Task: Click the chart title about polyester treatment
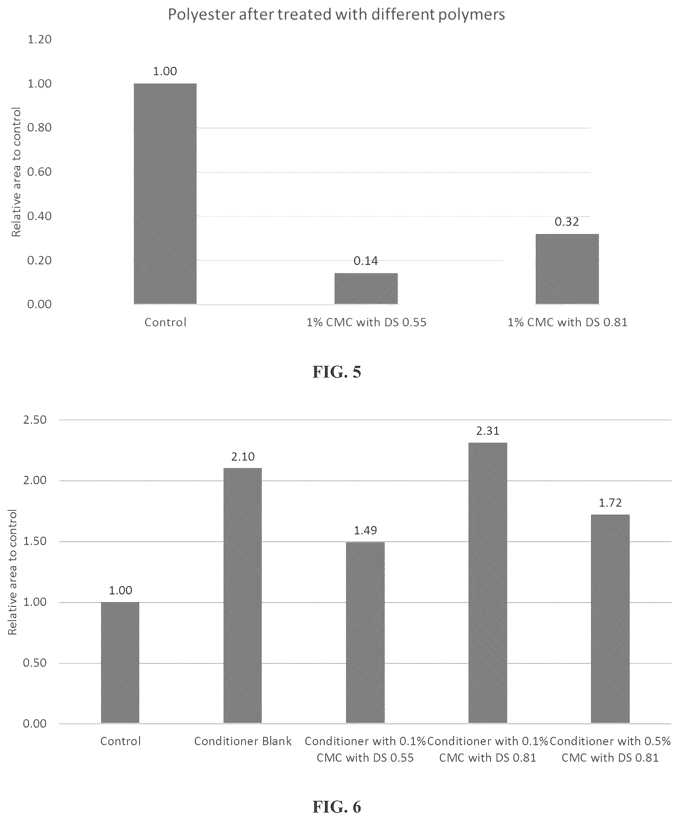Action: [336, 15]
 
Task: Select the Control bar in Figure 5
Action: [165, 194]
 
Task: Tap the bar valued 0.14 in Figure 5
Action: [366, 289]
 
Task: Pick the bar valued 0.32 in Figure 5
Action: [567, 269]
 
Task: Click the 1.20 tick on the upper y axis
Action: [39, 39]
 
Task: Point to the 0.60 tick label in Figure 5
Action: [39, 172]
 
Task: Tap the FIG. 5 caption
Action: [336, 372]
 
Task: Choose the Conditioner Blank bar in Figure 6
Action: [243, 595]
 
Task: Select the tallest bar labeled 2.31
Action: [488, 583]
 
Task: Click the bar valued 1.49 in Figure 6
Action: [365, 633]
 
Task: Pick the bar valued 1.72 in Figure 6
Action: [610, 619]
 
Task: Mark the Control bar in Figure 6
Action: [120, 663]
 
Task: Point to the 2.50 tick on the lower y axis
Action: [35, 420]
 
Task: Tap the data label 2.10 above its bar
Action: [243, 457]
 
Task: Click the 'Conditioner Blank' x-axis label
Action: [243, 741]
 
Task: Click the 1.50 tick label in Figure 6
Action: [35, 541]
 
